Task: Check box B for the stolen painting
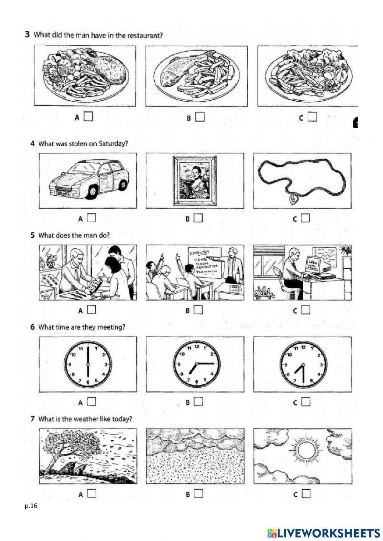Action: point(198,218)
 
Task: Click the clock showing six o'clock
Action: point(88,364)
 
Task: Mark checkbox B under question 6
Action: point(198,402)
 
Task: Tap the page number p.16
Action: point(31,506)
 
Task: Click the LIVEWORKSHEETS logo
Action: point(321,533)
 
